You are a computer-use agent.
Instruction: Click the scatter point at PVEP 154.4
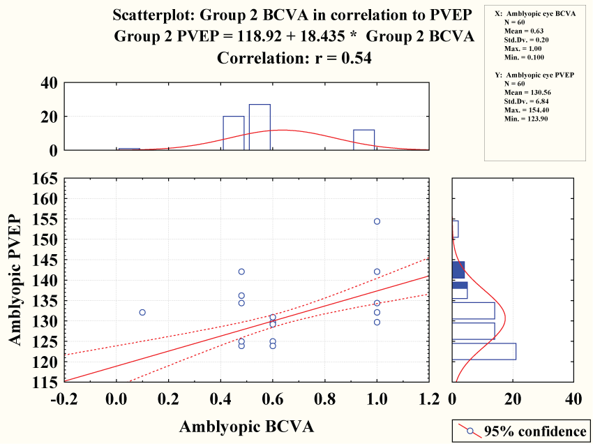pyautogui.click(x=377, y=221)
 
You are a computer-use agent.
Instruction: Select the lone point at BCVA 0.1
pyautogui.click(x=142, y=312)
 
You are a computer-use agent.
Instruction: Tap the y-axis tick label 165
pyautogui.click(x=43, y=179)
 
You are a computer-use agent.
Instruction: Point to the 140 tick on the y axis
pyautogui.click(x=43, y=281)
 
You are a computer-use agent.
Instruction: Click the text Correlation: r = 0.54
pyautogui.click(x=294, y=59)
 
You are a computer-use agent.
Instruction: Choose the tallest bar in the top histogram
pyautogui.click(x=260, y=127)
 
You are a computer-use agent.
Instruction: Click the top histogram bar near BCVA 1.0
pyautogui.click(x=363, y=140)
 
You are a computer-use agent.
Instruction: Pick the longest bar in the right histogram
pyautogui.click(x=484, y=351)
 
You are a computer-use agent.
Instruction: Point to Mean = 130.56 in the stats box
pyautogui.click(x=525, y=91)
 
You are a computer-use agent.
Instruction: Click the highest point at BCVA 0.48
pyautogui.click(x=241, y=272)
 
